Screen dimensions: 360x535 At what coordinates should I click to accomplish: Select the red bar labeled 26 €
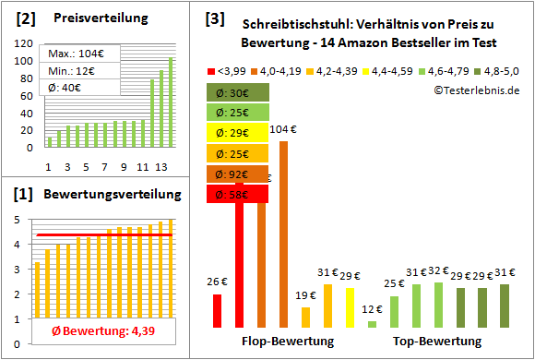[x=218, y=310]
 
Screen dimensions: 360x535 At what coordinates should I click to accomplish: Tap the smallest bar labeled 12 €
[x=372, y=323]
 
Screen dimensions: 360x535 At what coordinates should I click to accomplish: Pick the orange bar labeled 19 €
[x=305, y=317]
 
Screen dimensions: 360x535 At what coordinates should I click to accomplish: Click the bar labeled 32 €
[x=438, y=305]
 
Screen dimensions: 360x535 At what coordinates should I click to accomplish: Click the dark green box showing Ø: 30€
[x=239, y=92]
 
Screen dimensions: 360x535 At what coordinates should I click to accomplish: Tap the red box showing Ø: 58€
[x=239, y=194]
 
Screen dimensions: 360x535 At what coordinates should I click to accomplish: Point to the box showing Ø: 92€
[x=239, y=174]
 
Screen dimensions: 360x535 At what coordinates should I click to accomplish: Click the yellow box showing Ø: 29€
[x=239, y=133]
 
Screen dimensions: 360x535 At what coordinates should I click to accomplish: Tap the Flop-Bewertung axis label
[x=288, y=342]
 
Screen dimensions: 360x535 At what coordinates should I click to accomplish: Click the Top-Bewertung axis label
[x=437, y=342]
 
